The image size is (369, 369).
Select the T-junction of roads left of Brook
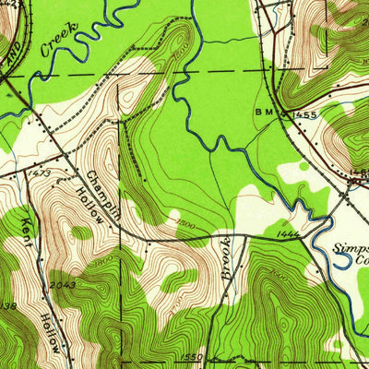(146, 242)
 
